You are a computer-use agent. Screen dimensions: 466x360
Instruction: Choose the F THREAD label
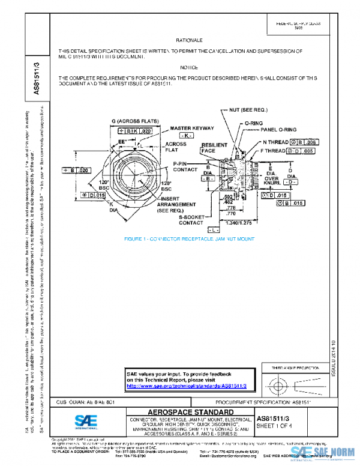pos(274,151)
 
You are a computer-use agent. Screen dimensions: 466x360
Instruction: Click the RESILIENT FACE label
pos(214,148)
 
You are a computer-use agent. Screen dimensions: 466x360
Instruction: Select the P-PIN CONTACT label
pos(185,166)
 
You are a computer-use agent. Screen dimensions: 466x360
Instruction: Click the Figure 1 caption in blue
pos(189,238)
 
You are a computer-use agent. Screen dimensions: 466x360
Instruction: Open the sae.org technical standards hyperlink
pos(191,386)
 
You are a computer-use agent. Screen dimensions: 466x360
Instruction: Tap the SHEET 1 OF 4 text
pos(274,426)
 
